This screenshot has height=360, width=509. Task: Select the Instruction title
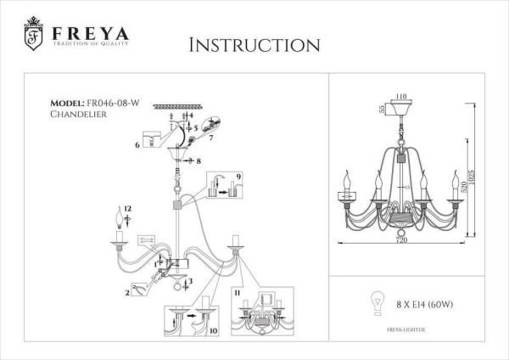[x=253, y=44]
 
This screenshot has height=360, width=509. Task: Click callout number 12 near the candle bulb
[x=128, y=209]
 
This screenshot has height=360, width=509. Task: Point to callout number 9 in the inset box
[x=240, y=176]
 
